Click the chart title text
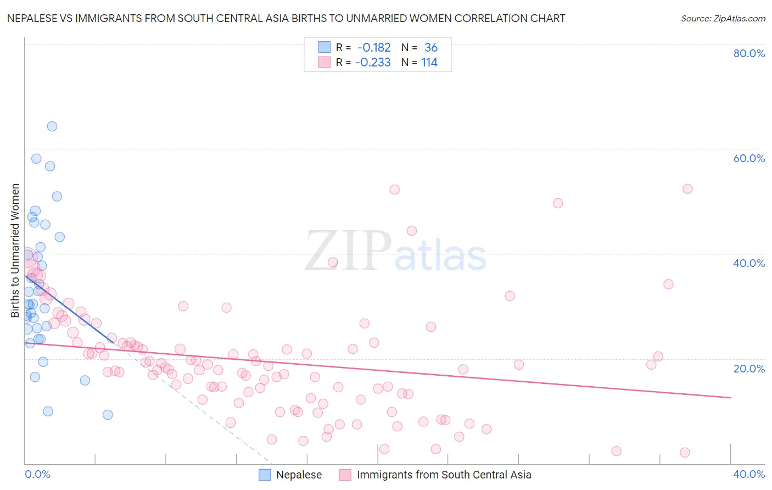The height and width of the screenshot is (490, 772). click(286, 19)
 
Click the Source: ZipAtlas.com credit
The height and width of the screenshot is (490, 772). click(723, 19)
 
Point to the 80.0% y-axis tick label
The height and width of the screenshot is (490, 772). click(749, 53)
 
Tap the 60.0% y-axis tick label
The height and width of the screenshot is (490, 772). click(749, 158)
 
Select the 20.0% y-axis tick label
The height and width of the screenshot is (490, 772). click(749, 369)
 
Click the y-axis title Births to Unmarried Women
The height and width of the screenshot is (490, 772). click(15, 250)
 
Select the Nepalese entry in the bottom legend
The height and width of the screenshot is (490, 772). click(299, 475)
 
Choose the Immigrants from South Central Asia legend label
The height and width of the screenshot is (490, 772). click(444, 475)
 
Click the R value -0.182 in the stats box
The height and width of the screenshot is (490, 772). click(373, 48)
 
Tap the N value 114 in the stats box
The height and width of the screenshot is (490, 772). click(429, 63)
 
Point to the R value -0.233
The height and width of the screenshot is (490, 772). click(373, 63)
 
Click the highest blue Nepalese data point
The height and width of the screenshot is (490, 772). click(52, 126)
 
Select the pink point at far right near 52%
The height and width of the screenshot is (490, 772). click(687, 189)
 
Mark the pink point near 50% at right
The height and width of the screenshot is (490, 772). click(558, 203)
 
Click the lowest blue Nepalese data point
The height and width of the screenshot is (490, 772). click(108, 415)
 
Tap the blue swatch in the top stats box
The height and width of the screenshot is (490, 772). click(325, 48)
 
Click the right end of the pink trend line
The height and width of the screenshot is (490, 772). click(730, 397)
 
